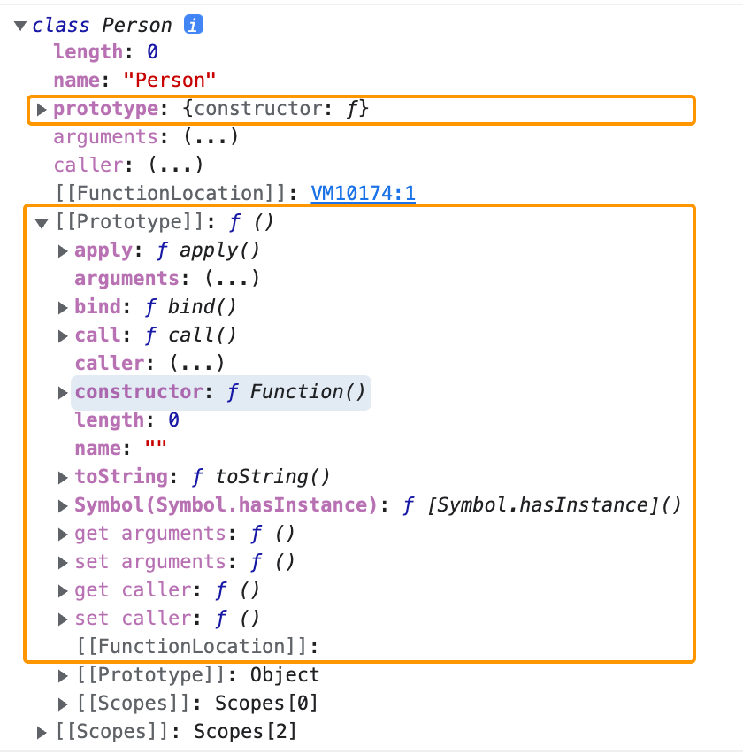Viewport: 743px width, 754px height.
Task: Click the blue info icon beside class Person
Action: [194, 25]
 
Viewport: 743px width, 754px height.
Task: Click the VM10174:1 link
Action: [364, 193]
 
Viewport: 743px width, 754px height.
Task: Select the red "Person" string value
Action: [170, 80]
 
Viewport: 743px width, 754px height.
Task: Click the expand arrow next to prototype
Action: [41, 110]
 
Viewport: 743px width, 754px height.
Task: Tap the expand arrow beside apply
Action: [63, 250]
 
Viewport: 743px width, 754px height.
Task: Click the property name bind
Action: [96, 307]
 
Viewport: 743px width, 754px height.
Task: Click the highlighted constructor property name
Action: [139, 392]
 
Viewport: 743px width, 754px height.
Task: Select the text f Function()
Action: [296, 392]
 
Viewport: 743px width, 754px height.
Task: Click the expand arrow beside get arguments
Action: [63, 534]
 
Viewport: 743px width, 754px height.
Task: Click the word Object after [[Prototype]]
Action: [284, 675]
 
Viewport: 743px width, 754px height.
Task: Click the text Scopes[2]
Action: [245, 732]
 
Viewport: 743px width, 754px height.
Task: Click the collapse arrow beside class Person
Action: [20, 26]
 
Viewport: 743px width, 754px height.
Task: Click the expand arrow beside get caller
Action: [63, 590]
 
